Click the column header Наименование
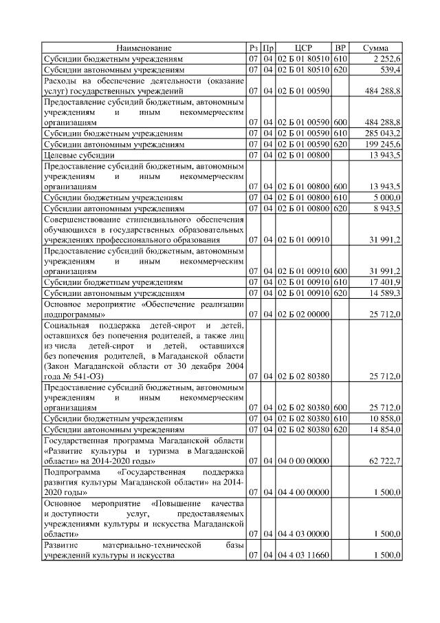[144, 47]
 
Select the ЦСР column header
[303, 47]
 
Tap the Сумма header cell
[378, 47]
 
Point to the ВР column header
[340, 47]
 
